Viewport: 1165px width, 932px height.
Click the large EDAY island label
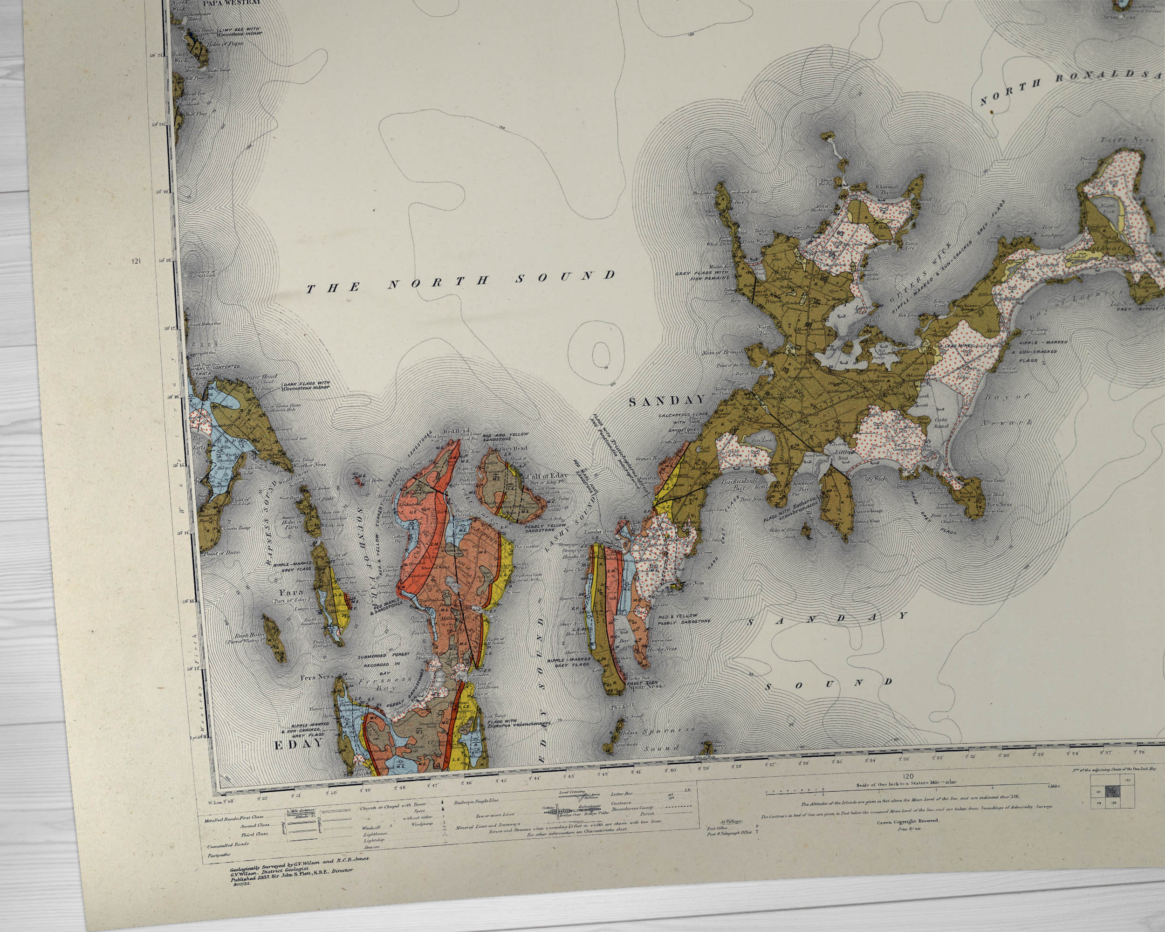coord(298,745)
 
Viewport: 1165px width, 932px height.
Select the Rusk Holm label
coord(250,636)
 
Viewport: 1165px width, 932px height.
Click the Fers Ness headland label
coord(318,677)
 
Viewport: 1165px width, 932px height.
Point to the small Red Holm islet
coord(358,478)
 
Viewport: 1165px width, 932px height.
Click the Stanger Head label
coord(261,377)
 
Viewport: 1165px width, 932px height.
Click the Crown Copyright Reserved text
coord(907,836)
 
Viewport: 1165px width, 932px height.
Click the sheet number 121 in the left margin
coord(136,261)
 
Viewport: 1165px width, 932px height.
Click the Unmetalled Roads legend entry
coord(227,845)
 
